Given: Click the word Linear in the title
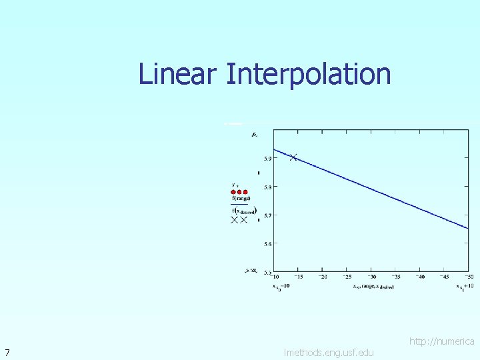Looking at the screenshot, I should (177, 74).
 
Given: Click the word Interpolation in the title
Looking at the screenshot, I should (308, 74).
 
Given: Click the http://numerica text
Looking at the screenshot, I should (441, 341).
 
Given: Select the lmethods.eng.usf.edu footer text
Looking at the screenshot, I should (329, 352).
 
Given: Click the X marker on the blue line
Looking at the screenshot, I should (293, 157).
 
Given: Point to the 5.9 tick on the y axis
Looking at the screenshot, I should (267, 159).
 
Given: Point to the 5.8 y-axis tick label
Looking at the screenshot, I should (267, 187).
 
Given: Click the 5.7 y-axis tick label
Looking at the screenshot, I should (267, 215).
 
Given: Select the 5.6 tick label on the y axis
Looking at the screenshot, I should (267, 244).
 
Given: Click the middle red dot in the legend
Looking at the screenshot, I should (239, 192).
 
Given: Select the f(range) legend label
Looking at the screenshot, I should (241, 199).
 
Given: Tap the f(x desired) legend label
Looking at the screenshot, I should (243, 211).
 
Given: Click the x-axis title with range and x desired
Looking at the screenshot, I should (373, 287).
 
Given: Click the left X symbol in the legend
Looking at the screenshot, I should (234, 219).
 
